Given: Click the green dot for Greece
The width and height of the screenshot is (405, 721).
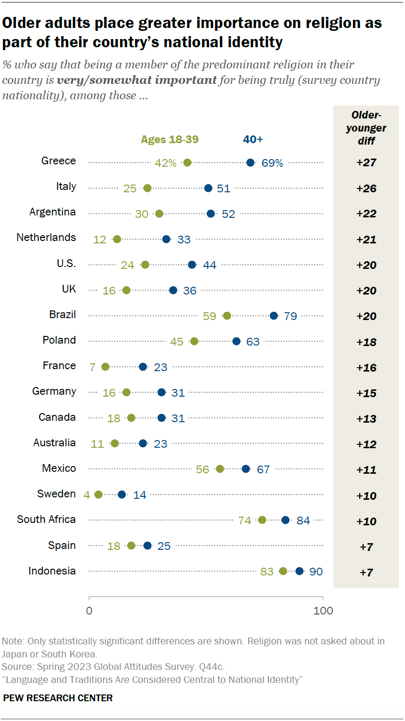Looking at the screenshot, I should [x=188, y=163].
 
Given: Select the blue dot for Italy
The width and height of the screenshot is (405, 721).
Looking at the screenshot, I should [x=208, y=188].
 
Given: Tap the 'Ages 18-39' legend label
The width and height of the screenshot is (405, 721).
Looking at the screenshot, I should [x=170, y=140].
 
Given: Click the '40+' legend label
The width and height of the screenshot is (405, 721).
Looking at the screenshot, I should [x=253, y=140].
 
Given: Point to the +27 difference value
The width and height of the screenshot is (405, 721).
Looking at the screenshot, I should [x=366, y=162].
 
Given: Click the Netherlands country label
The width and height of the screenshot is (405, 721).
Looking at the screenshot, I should [x=46, y=238].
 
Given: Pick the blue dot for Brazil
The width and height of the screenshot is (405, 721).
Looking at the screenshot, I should [x=274, y=316].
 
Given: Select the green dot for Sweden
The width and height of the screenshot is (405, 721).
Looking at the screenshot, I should [x=98, y=494].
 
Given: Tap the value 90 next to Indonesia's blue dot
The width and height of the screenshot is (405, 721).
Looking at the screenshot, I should [x=316, y=572].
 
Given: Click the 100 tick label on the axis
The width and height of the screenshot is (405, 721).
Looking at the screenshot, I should [x=323, y=611].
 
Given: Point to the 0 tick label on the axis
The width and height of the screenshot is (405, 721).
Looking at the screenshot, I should [x=89, y=611].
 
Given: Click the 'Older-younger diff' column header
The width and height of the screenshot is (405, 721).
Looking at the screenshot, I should [x=366, y=128].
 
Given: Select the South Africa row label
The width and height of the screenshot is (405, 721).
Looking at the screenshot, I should [x=46, y=520].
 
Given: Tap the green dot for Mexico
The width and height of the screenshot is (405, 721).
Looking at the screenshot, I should [x=220, y=469].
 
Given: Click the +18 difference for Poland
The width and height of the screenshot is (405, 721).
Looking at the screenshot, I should [x=366, y=342].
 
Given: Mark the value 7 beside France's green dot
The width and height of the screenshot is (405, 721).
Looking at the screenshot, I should [x=93, y=367].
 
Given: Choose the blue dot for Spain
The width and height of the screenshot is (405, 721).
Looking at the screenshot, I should [x=148, y=546].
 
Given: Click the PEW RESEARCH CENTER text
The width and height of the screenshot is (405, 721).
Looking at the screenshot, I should [x=58, y=698].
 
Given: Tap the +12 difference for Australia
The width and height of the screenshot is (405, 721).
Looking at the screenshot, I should [x=366, y=444].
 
